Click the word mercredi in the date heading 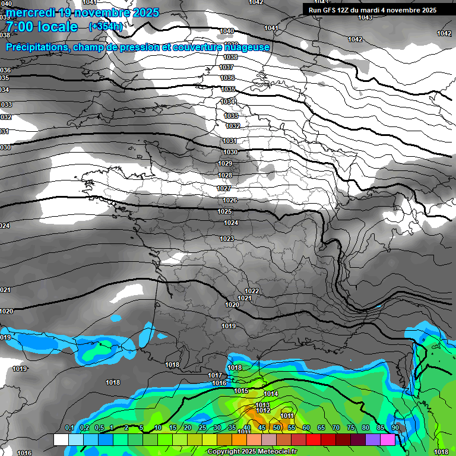pyautogui.click(x=32, y=12)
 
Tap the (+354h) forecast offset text pyautogui.click(x=106, y=26)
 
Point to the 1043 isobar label pyautogui.click(x=365, y=17)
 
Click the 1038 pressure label pyautogui.click(x=230, y=57)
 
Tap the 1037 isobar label pyautogui.click(x=226, y=68)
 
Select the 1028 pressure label pyautogui.click(x=224, y=175)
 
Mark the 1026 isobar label pyautogui.click(x=230, y=200)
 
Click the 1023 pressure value pyautogui.click(x=226, y=239)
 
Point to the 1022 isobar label pyautogui.click(x=252, y=291)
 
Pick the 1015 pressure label pyautogui.click(x=240, y=391)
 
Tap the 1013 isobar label pyautogui.click(x=262, y=405)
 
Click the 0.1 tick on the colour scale pyautogui.click(x=69, y=427)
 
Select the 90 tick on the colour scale pyautogui.click(x=395, y=427)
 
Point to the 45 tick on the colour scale pyautogui.click(x=262, y=427)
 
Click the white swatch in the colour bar pyautogui.click(x=61, y=439)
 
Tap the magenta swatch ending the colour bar pyautogui.click(x=388, y=439)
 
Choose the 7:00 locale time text pyautogui.click(x=42, y=27)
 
